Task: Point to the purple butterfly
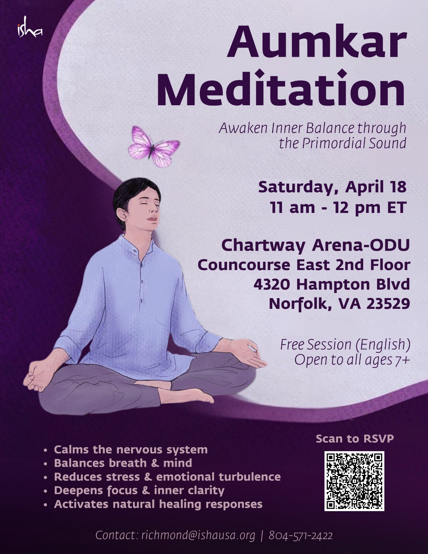click(154, 146)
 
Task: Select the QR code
click(354, 481)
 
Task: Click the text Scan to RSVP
click(355, 438)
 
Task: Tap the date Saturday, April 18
click(332, 187)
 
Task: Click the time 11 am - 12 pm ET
click(338, 207)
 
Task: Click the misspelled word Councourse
click(244, 265)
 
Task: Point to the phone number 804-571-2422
click(301, 535)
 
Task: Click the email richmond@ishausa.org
click(198, 535)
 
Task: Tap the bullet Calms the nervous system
click(131, 449)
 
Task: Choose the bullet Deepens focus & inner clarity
click(139, 490)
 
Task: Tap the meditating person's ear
click(122, 216)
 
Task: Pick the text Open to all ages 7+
click(352, 360)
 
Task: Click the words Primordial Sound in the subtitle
click(354, 143)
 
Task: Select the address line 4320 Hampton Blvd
click(332, 284)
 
